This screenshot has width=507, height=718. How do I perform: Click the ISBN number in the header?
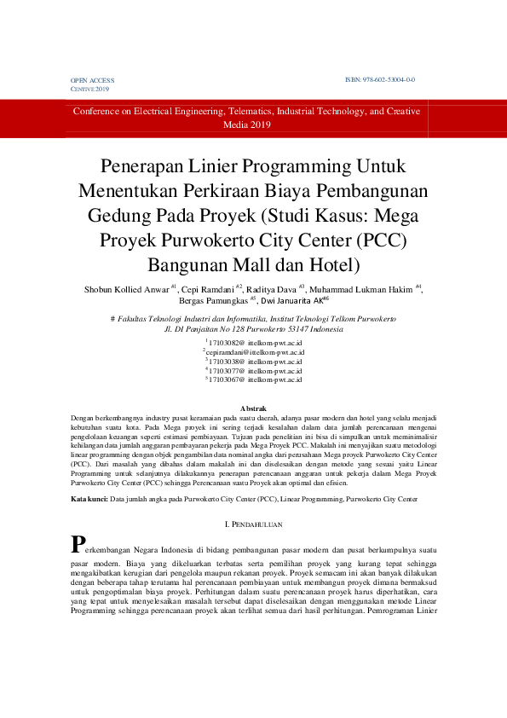[x=379, y=79]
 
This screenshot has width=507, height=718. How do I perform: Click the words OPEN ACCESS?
[x=92, y=80]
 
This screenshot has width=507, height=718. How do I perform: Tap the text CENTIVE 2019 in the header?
[x=89, y=89]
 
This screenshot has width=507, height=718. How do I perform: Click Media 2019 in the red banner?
[x=246, y=124]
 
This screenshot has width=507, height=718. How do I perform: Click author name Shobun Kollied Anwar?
[x=126, y=290]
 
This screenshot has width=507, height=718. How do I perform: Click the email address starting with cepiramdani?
[x=255, y=351]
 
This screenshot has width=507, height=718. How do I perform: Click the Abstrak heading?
[x=253, y=409]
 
